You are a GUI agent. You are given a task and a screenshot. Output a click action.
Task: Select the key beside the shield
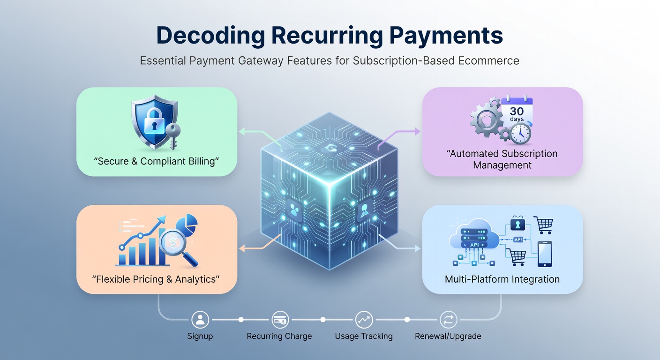pos(172,134)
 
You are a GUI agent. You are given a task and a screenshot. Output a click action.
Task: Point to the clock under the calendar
pos(520,134)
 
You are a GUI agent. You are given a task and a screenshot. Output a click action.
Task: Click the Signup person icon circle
pos(200,320)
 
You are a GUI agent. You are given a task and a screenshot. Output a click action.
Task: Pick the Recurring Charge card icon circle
pos(280,320)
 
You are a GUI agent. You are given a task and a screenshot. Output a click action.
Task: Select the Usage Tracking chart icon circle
pos(364,320)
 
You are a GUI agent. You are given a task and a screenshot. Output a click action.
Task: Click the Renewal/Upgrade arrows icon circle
pos(448,320)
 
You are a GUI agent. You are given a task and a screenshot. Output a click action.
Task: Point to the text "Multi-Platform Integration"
pos(502,279)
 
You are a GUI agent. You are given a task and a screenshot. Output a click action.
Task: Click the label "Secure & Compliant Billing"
pos(157,162)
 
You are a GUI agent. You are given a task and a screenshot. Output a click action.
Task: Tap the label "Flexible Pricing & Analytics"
pos(157,279)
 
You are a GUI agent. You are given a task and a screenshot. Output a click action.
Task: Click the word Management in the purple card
pos(502,165)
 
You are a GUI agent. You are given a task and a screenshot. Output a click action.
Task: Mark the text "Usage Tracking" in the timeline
pos(364,336)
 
